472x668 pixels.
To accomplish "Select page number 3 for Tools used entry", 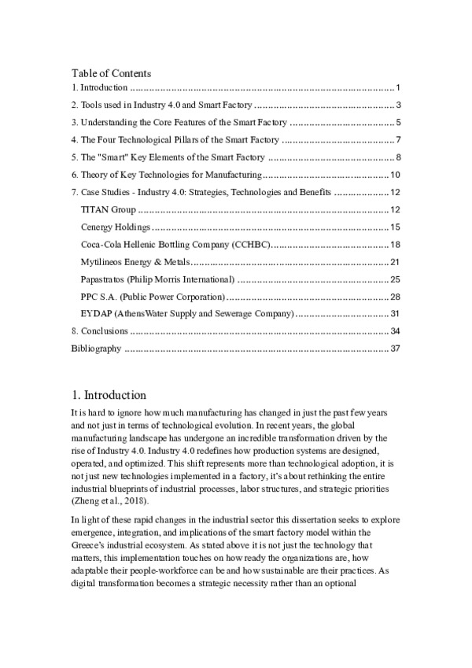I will [400, 105].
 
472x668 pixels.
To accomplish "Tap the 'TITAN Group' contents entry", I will [109, 210].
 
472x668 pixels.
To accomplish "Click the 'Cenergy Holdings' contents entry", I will [116, 227].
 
